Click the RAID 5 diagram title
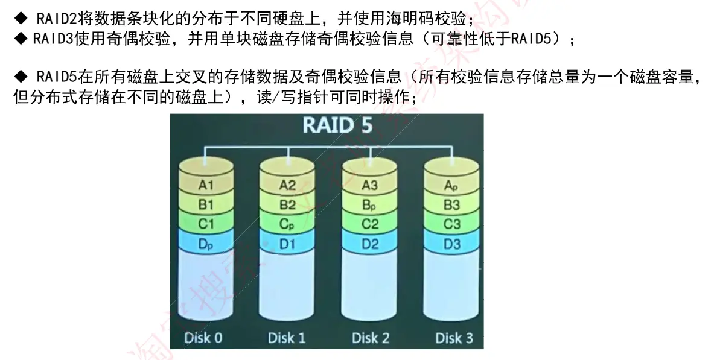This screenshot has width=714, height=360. (x=337, y=125)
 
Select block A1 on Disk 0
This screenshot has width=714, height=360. (x=206, y=185)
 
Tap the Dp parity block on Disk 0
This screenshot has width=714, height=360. (x=206, y=244)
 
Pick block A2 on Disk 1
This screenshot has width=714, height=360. (x=288, y=185)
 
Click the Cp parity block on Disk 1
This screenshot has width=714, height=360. (x=288, y=224)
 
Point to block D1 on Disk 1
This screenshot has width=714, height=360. (x=288, y=244)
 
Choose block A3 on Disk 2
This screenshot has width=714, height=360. (x=370, y=185)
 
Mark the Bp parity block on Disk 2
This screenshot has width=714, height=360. (x=370, y=205)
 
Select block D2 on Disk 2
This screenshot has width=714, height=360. (x=370, y=244)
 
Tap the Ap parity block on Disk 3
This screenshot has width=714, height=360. (x=451, y=185)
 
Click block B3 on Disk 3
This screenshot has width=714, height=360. (x=451, y=205)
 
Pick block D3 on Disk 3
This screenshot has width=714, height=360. (x=451, y=244)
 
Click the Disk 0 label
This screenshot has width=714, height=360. (x=203, y=337)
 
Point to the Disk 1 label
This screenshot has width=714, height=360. (x=287, y=337)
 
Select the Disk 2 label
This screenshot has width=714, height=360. (x=370, y=337)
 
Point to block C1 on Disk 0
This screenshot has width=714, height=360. (x=206, y=224)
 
